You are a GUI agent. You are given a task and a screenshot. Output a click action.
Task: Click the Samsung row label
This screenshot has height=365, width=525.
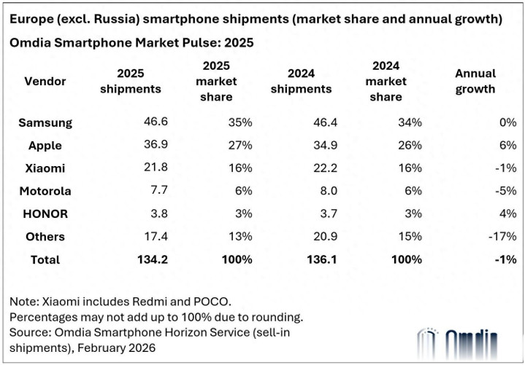(x=45, y=123)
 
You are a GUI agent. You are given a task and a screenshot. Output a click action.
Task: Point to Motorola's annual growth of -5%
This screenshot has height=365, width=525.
(x=505, y=191)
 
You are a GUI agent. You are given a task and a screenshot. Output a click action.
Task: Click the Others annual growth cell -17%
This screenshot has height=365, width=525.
(x=502, y=236)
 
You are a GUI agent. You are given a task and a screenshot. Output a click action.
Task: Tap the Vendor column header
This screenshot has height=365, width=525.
(x=45, y=81)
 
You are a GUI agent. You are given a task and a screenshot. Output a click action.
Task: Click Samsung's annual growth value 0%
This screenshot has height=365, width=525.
(x=508, y=122)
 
